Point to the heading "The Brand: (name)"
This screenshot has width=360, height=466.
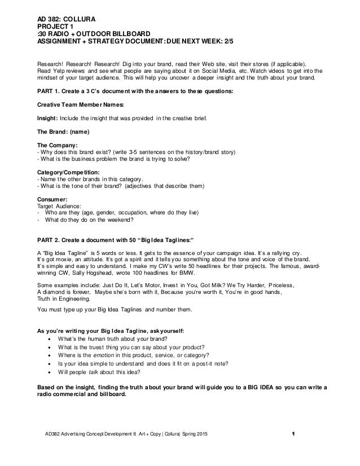tap(64, 133)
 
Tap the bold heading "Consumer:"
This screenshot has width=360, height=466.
tap(53, 199)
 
